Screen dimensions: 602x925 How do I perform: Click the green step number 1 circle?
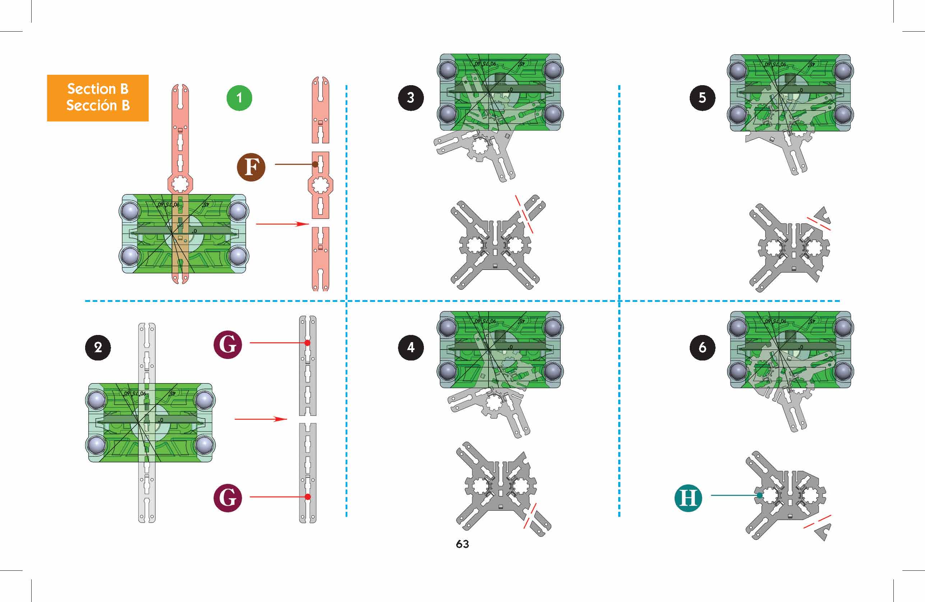(x=239, y=98)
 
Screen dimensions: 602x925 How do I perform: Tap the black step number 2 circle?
(x=98, y=347)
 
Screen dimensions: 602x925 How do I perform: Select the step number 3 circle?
(x=411, y=98)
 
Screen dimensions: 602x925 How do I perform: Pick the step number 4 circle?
(x=411, y=347)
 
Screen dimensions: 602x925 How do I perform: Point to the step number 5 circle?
(x=702, y=98)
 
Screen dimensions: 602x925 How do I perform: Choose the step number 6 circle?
(x=702, y=347)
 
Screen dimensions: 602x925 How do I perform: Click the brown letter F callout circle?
(x=251, y=167)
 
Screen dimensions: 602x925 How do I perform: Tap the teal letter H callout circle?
(x=688, y=497)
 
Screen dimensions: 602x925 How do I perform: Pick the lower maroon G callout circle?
(x=228, y=498)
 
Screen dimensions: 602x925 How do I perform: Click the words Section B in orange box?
(x=98, y=89)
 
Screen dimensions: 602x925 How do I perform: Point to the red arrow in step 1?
(x=282, y=224)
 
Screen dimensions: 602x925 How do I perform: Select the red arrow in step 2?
(x=261, y=419)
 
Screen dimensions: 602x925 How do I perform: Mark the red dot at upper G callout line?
(x=307, y=343)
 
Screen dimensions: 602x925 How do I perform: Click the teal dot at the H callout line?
(x=759, y=496)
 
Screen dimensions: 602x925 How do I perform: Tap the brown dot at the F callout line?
(x=315, y=165)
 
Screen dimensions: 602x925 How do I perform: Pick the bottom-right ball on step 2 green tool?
(x=204, y=444)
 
